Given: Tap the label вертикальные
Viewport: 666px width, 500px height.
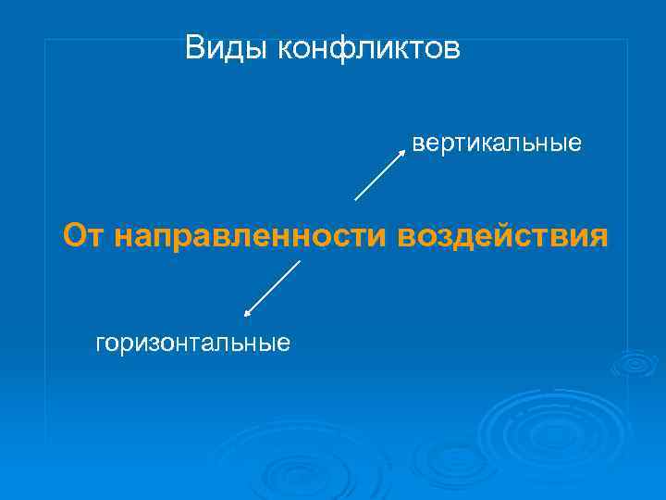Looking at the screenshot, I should click(x=497, y=144).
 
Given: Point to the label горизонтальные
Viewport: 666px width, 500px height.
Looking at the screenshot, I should click(x=193, y=344).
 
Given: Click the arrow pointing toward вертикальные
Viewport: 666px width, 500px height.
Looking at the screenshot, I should click(x=380, y=173).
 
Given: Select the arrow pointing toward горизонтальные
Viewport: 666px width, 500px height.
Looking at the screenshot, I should click(x=272, y=289).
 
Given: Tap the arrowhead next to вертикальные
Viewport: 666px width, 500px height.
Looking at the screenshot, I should click(x=403, y=149).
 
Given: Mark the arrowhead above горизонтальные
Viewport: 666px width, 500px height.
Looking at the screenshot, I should click(x=247, y=315).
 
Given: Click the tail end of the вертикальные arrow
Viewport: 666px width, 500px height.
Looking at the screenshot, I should click(x=356, y=199).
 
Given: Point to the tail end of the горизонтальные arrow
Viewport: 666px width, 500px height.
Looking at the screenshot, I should click(x=300, y=261).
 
